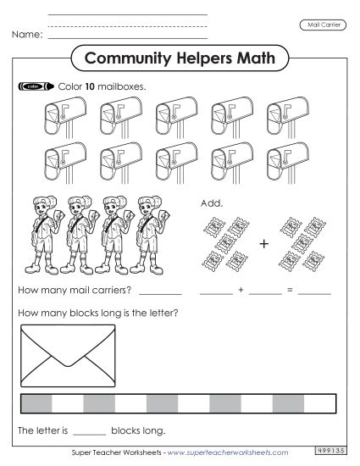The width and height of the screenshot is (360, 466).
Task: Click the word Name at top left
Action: coord(26,36)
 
